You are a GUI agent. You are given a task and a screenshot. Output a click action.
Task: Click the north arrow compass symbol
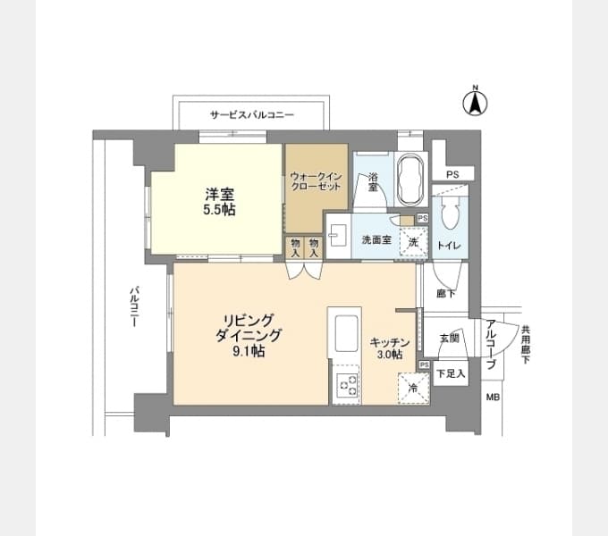(x=475, y=102)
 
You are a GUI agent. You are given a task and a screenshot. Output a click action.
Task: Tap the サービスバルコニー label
(x=252, y=114)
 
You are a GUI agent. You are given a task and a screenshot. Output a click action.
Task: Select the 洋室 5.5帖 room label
(x=219, y=201)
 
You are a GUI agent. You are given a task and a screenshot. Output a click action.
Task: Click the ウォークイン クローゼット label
(x=316, y=181)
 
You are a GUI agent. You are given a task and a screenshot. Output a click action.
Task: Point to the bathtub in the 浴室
(x=410, y=180)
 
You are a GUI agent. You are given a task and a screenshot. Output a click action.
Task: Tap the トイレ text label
(x=449, y=246)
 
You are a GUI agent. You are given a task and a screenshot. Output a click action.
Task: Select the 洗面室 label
(x=376, y=240)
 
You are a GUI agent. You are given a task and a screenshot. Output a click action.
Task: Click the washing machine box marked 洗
(x=413, y=242)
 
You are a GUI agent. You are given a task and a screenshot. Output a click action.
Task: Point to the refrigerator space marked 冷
(x=413, y=388)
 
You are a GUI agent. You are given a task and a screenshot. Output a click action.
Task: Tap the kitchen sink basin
(x=346, y=333)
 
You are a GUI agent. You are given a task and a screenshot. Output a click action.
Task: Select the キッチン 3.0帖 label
(x=390, y=348)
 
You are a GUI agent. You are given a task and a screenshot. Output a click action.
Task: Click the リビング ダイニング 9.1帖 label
(x=249, y=335)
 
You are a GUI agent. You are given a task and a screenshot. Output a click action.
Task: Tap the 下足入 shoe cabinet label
(x=451, y=373)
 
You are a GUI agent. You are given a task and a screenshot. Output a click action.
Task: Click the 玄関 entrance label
(x=450, y=339)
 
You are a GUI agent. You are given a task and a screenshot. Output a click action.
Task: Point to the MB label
(x=493, y=398)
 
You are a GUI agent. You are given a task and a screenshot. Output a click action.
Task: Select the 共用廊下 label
(x=526, y=344)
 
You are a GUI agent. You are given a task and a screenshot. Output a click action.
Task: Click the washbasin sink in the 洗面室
(x=336, y=236)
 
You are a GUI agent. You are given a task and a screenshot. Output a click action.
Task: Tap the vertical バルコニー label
(x=134, y=306)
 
